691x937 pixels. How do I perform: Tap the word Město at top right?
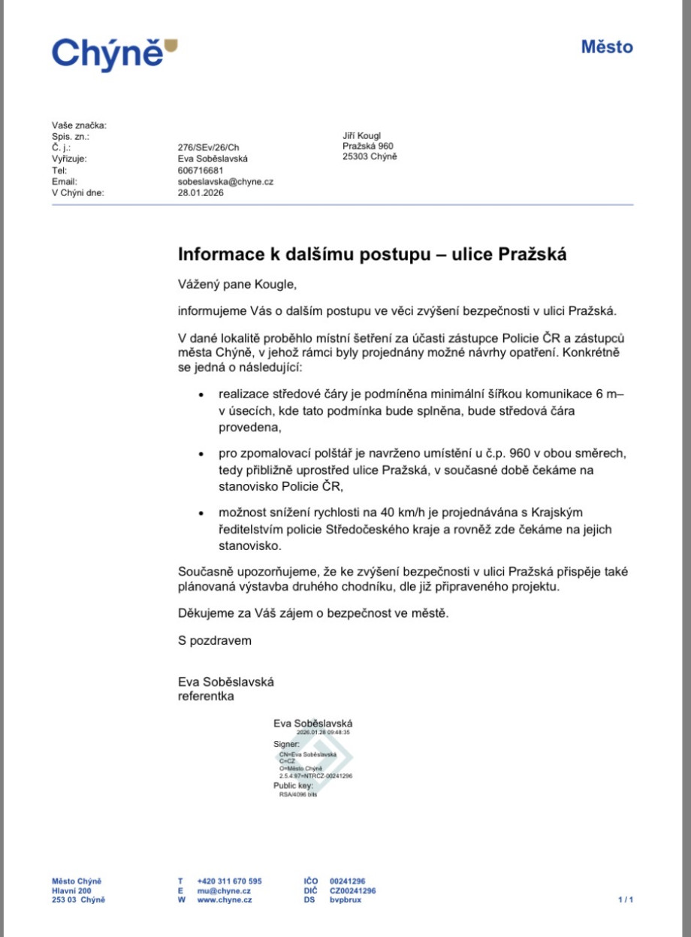607,47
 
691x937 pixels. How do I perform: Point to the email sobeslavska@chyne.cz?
225,181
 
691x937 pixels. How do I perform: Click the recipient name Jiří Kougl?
362,135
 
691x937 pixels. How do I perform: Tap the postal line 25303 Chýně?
370,156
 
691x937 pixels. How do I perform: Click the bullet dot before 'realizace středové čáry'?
201,394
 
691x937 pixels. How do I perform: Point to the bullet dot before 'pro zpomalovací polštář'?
201,455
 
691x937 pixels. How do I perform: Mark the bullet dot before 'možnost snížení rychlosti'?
201,513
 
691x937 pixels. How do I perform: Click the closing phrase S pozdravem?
215,641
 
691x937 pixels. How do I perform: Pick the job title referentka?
206,696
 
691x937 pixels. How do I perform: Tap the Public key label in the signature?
293,785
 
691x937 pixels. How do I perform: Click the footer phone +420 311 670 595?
229,881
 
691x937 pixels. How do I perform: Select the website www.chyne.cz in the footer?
225,899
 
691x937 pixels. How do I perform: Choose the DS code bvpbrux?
345,899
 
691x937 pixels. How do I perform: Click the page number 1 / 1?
626,899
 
